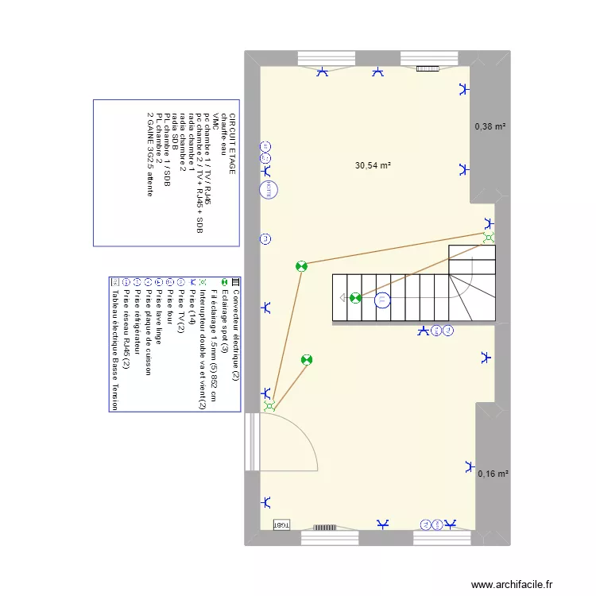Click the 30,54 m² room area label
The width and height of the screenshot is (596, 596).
click(373, 166)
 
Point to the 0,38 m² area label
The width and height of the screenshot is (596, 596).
click(490, 126)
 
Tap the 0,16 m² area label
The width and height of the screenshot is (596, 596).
click(493, 474)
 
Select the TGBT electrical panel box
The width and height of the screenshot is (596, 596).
click(281, 525)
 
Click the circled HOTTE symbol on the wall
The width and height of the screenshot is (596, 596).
click(269, 189)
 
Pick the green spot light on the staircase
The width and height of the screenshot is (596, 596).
click(355, 299)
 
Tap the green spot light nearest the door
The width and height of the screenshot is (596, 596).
click(307, 360)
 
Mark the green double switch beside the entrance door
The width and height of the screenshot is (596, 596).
click(269, 406)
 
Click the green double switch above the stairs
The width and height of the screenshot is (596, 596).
click(489, 237)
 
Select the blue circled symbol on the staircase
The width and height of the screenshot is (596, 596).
click(382, 300)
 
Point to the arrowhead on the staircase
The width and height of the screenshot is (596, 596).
click(342, 299)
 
